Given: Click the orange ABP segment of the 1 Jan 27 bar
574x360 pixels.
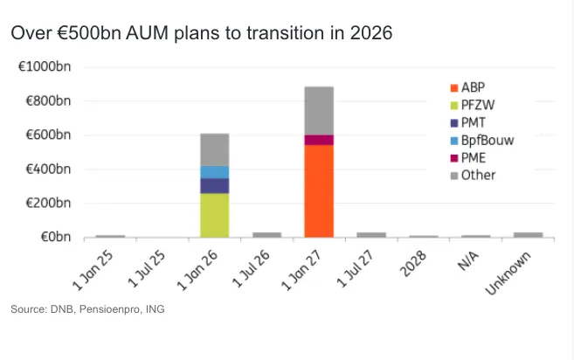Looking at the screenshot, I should click(x=319, y=190).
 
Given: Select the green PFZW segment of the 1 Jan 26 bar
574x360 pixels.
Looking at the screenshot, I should click(x=214, y=214).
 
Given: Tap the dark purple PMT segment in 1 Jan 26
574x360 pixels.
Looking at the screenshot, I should click(x=214, y=185).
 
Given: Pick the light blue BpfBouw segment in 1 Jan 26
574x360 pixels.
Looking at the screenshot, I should click(x=214, y=172).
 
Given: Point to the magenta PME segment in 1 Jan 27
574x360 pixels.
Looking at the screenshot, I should click(x=319, y=140).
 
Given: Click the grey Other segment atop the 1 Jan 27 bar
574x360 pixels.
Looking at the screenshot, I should click(x=319, y=110).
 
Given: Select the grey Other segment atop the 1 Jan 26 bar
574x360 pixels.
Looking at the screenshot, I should click(x=214, y=149).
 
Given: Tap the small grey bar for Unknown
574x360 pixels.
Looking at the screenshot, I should click(x=528, y=234).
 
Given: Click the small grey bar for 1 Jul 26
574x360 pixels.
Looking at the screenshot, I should click(x=266, y=234).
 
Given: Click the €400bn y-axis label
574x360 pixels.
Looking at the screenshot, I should click(x=50, y=170).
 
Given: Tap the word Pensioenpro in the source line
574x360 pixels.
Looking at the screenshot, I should click(x=98, y=309).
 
